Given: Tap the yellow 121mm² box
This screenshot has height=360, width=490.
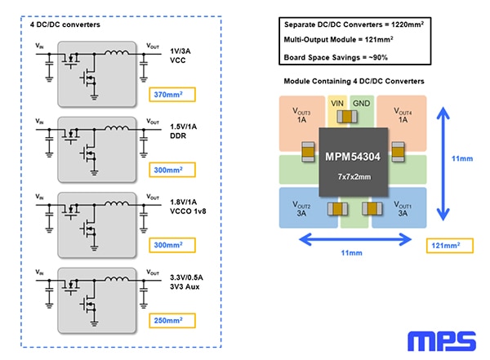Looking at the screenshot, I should (447, 245).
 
